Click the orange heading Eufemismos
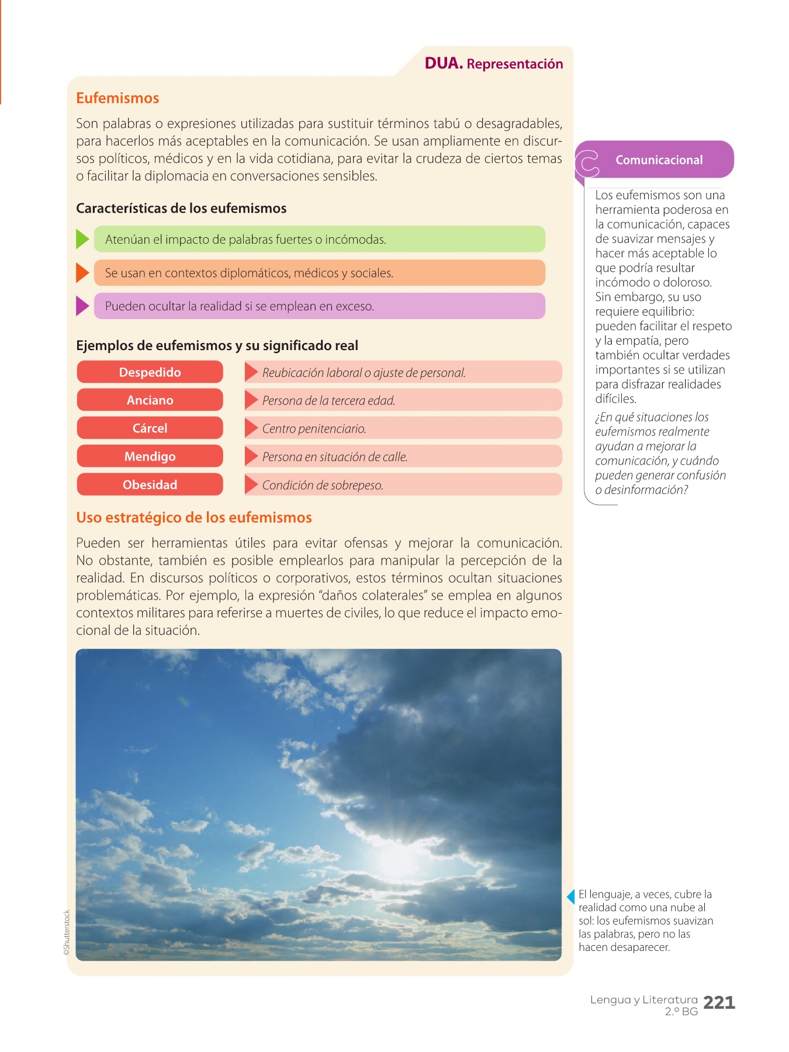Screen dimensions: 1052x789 click(117, 98)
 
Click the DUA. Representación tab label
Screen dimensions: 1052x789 click(494, 64)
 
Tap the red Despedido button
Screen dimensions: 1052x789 click(150, 372)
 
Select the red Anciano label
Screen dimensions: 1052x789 click(150, 400)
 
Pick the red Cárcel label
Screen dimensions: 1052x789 click(150, 428)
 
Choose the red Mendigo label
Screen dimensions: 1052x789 click(150, 456)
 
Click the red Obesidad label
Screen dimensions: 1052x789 click(150, 485)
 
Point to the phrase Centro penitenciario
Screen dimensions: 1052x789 click(314, 429)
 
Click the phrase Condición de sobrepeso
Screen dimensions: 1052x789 click(323, 485)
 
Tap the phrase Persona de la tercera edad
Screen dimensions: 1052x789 click(328, 401)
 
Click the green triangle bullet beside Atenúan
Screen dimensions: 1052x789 click(82, 239)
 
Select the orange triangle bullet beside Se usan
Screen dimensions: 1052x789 click(82, 272)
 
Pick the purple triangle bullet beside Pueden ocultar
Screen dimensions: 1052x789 click(82, 306)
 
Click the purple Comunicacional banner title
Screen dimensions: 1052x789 click(659, 160)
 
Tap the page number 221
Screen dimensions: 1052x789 click(719, 1003)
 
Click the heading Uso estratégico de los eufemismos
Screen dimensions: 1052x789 click(194, 518)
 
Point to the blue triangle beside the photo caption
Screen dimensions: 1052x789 click(571, 896)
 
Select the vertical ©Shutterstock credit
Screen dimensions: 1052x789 click(67, 933)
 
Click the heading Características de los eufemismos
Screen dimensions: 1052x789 click(181, 209)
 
